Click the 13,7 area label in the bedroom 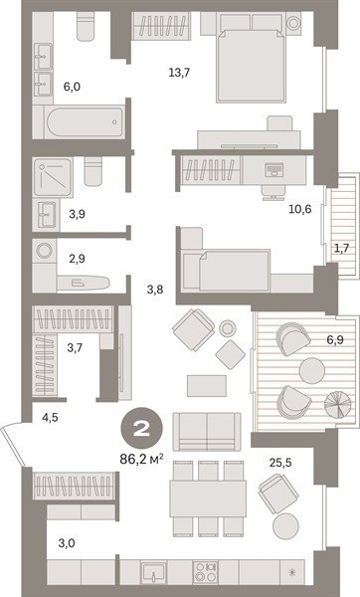tap(179, 73)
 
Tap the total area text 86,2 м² tap(142, 459)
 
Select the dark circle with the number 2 tap(141, 429)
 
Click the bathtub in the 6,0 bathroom tap(84, 121)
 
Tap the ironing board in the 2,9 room tap(84, 283)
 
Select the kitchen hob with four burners tap(205, 572)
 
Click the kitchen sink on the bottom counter tap(154, 573)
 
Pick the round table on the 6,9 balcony tap(312, 370)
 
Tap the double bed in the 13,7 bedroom tap(251, 65)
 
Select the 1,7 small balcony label tap(342, 248)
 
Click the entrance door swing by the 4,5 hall tap(12, 445)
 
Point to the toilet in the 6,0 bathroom tap(86, 26)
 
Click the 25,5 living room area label tap(280, 463)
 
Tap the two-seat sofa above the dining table tap(207, 432)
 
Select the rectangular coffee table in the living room tap(207, 386)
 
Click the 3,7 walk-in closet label tap(75, 347)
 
